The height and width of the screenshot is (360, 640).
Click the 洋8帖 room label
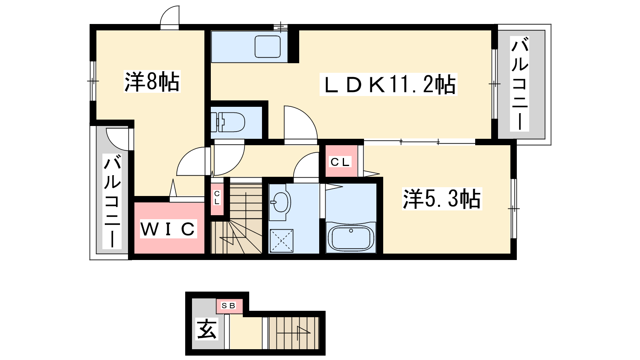[x=152, y=82]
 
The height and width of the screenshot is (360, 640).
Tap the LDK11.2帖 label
[x=388, y=84]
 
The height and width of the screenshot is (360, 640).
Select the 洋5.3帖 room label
[x=442, y=199]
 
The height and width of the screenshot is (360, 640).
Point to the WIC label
[x=168, y=228]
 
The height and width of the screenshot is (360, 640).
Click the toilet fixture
[x=228, y=122]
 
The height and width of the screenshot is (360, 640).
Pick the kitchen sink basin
[x=268, y=46]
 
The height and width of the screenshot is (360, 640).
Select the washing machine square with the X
[x=282, y=240]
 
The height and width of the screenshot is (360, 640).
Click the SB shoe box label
[x=228, y=306]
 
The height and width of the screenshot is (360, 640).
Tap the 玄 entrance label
[x=207, y=329]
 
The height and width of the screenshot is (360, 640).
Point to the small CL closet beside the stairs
[x=217, y=198]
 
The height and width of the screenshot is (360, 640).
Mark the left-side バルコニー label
[x=112, y=201]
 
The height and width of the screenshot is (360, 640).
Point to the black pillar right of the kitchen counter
[x=293, y=46]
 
